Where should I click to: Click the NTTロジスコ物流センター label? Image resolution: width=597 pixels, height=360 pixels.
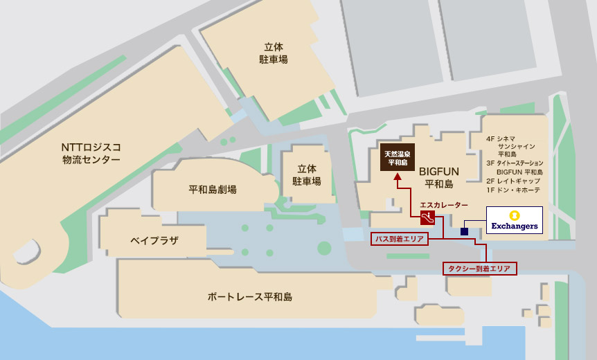point(91,153)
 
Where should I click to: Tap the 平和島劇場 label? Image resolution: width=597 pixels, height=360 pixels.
point(213,189)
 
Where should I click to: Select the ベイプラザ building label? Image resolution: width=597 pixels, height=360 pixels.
point(154,240)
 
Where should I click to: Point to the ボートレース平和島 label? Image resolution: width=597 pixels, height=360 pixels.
point(249,296)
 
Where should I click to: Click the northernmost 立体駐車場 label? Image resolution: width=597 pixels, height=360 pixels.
point(269,53)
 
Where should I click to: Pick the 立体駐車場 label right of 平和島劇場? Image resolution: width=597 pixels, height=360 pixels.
point(306,174)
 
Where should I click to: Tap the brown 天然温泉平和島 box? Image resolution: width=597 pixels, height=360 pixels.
point(398,158)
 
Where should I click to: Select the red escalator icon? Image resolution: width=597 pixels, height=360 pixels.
point(427,218)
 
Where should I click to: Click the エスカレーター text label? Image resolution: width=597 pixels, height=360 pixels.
point(443,205)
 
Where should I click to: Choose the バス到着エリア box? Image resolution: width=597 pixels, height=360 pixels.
point(399,239)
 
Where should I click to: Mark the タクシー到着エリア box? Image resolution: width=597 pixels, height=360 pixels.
point(480,267)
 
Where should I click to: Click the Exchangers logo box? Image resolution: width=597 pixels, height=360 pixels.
point(514,220)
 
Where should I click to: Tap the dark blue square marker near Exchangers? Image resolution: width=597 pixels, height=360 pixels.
point(464,231)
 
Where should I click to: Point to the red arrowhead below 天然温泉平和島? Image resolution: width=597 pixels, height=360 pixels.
point(398,178)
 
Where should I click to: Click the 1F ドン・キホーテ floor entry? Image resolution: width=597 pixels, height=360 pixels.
point(514,190)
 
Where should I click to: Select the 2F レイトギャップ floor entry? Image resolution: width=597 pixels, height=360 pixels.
point(514,181)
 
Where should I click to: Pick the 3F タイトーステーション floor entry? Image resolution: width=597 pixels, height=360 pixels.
point(514,163)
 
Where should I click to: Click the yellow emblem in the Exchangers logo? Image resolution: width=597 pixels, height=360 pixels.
point(514,215)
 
